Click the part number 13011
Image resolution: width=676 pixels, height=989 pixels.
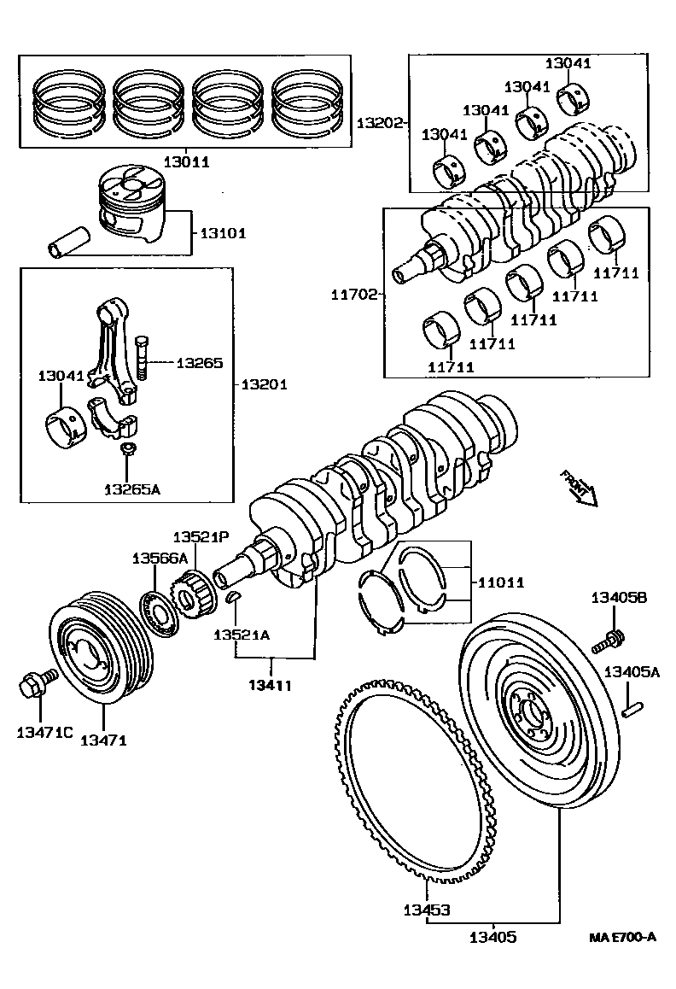point(186,161)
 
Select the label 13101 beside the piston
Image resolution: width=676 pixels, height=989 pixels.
point(224,233)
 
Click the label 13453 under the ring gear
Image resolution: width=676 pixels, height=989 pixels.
point(426,910)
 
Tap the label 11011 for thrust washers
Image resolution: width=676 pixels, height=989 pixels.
point(500,582)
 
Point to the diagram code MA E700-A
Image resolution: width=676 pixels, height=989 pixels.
point(622,937)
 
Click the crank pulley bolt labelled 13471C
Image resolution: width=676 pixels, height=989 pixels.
point(34,683)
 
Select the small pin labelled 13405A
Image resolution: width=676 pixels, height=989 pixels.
point(631,707)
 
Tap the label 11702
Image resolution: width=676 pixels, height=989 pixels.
point(354,295)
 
